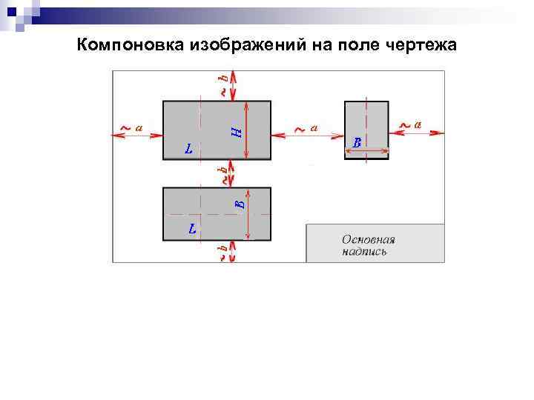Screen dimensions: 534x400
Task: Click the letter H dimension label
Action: [235, 132]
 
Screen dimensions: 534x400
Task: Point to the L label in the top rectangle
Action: [189, 149]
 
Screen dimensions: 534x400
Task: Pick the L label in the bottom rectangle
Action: [193, 228]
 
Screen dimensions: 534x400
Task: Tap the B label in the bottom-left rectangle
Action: [239, 202]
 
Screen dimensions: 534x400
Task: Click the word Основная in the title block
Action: [368, 239]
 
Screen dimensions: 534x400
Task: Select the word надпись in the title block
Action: [364, 252]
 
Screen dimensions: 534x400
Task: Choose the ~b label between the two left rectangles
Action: [222, 174]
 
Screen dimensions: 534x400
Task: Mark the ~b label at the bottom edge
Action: [222, 252]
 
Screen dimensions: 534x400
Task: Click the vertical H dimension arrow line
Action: [247, 130]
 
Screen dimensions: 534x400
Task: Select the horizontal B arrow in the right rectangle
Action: [366, 152]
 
